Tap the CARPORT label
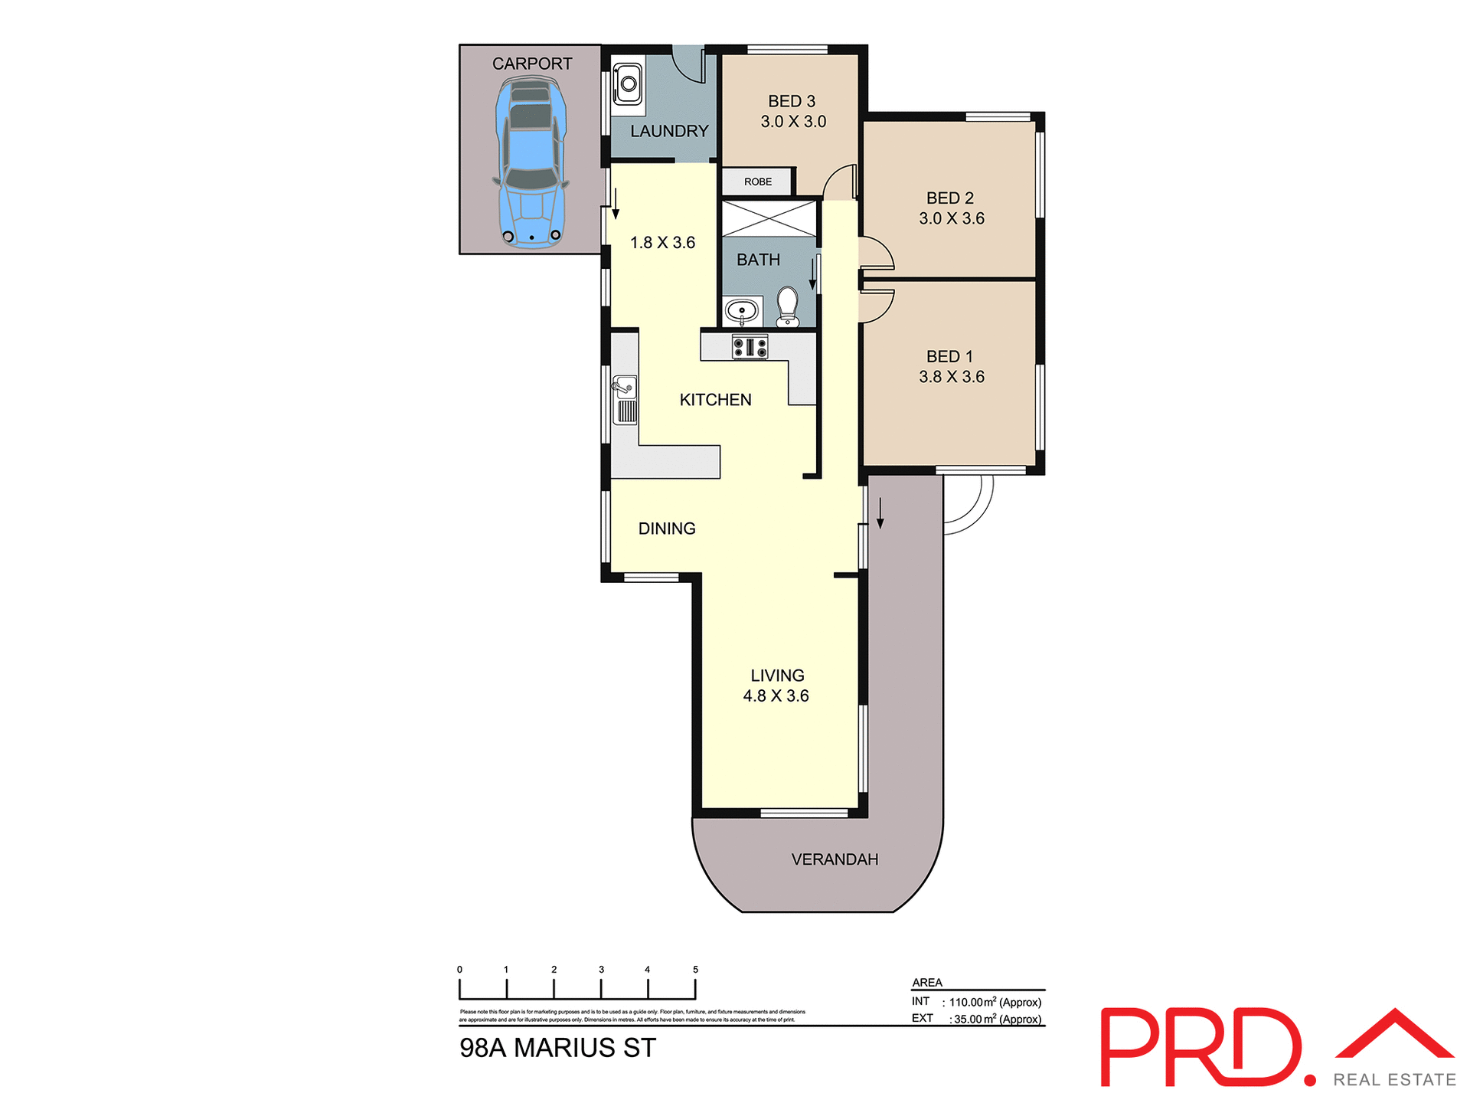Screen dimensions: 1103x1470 pyautogui.click(x=531, y=64)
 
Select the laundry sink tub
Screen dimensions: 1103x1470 pyautogui.click(x=628, y=83)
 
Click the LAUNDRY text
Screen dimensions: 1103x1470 pyautogui.click(x=668, y=131)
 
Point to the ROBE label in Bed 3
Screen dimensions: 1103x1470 pyautogui.click(x=757, y=182)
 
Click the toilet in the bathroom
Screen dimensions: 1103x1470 pyautogui.click(x=787, y=306)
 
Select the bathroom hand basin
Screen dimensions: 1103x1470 pyautogui.click(x=741, y=311)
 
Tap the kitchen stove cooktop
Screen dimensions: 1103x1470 pyautogui.click(x=750, y=348)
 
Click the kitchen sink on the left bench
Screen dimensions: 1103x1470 pyautogui.click(x=626, y=398)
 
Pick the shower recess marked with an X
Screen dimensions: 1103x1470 pyautogui.click(x=769, y=218)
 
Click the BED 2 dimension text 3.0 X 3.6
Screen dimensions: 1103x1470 pyautogui.click(x=951, y=218)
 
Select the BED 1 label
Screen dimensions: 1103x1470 pyautogui.click(x=949, y=356)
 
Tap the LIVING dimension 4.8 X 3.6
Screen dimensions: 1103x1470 pyautogui.click(x=776, y=696)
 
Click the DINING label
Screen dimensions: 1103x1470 pyautogui.click(x=667, y=529)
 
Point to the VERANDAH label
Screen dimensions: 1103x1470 pyautogui.click(x=835, y=859)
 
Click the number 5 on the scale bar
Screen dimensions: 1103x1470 pyautogui.click(x=695, y=970)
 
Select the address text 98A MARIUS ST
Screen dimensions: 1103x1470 pyautogui.click(x=557, y=1048)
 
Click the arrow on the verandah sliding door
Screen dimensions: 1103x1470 pyautogui.click(x=880, y=513)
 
